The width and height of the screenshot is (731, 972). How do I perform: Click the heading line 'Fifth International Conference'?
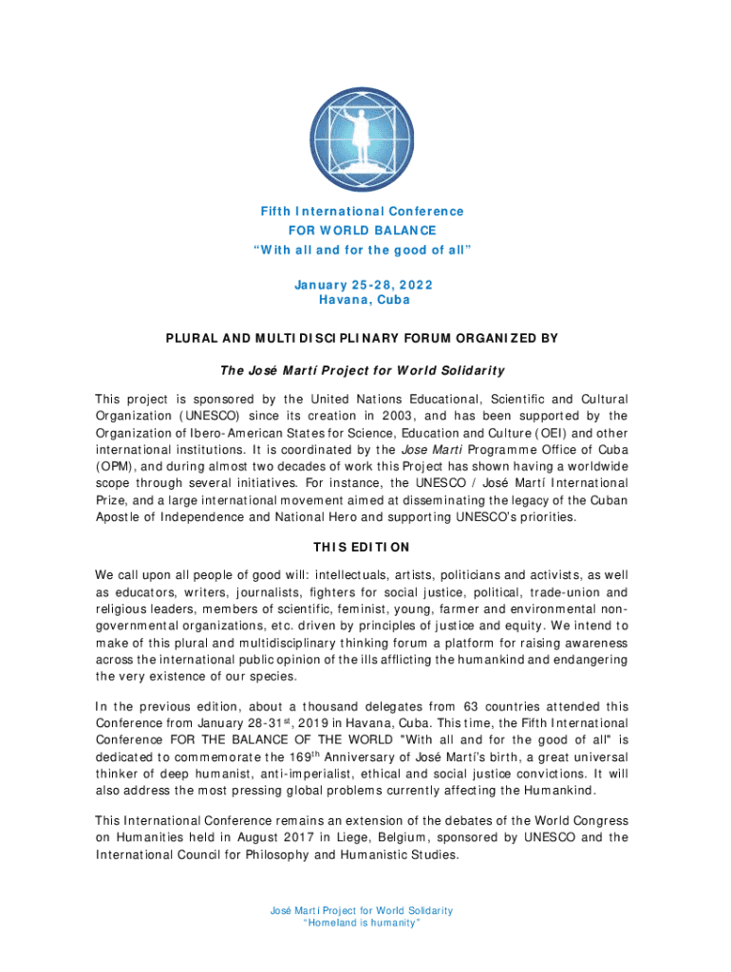365,212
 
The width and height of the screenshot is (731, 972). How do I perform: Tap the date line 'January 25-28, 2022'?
365,283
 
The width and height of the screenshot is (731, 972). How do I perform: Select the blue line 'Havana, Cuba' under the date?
365,300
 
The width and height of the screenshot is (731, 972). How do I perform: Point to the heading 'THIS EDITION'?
361,548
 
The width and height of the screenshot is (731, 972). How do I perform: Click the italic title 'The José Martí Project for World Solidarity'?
365,370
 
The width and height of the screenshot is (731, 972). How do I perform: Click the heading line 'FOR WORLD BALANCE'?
365,231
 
